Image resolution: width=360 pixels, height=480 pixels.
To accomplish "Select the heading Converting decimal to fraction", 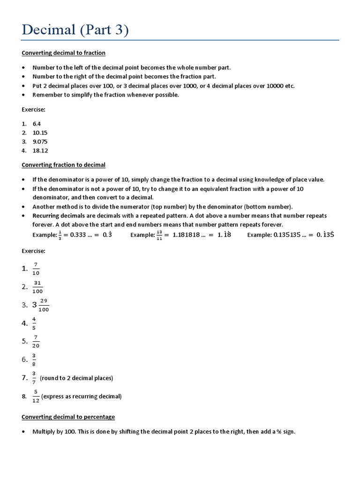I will pos(64,53).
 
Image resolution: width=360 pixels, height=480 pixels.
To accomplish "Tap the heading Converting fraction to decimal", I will pos(64,165).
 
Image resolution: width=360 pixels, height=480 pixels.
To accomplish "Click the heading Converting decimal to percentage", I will pos(68,417).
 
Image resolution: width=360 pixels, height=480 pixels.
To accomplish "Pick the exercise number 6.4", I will pos(37,124).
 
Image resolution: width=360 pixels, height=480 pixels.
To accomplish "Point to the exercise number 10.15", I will pos(40,133).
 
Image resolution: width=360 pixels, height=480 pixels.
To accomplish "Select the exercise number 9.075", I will pos(40,142).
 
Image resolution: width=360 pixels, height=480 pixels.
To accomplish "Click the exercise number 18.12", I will pos(40,150).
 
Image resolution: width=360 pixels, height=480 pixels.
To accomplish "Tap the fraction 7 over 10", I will pos(36,269).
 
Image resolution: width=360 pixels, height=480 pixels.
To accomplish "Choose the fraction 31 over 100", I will pos(38,287).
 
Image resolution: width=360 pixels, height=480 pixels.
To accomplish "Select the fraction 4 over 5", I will pos(34,323).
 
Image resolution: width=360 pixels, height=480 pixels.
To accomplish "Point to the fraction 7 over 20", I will pos(36,342).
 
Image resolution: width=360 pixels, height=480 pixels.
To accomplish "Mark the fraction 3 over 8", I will pos(34,360).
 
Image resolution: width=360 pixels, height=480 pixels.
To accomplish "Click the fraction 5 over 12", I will pos(36,397).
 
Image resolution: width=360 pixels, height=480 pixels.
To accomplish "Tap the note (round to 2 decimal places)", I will pos(76,378).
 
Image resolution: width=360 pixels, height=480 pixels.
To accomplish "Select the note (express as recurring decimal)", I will pos(82,397).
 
